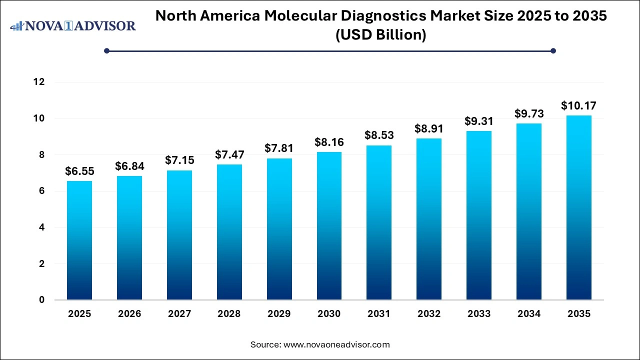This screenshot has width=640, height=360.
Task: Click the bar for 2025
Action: pos(79,240)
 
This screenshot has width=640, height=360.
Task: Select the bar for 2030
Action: pos(329,226)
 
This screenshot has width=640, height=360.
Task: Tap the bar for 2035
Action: pos(579,207)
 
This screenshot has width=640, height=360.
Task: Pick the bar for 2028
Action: pos(229,232)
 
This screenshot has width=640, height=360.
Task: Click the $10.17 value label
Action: pos(578,105)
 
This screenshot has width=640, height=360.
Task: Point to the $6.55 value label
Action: pos(79,171)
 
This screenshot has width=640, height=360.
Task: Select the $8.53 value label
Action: pos(379,135)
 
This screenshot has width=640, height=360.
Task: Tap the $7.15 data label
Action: pos(179,160)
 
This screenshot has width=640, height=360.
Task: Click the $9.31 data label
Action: pos(479,121)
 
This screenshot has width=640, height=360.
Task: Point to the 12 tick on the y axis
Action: pos(39,82)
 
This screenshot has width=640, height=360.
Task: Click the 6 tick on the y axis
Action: pos(42,191)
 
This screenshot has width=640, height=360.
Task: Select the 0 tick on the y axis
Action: pos(42,300)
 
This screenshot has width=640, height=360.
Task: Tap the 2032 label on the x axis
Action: pos(429,314)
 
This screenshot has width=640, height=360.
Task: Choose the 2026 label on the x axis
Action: pos(129,314)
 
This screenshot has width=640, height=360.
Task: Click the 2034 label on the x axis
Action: pos(529,314)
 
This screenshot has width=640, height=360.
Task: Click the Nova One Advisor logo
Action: pos(73,25)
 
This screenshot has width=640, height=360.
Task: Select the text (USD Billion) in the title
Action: pos(381,35)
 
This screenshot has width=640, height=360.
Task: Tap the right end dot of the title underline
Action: pos(553,50)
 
